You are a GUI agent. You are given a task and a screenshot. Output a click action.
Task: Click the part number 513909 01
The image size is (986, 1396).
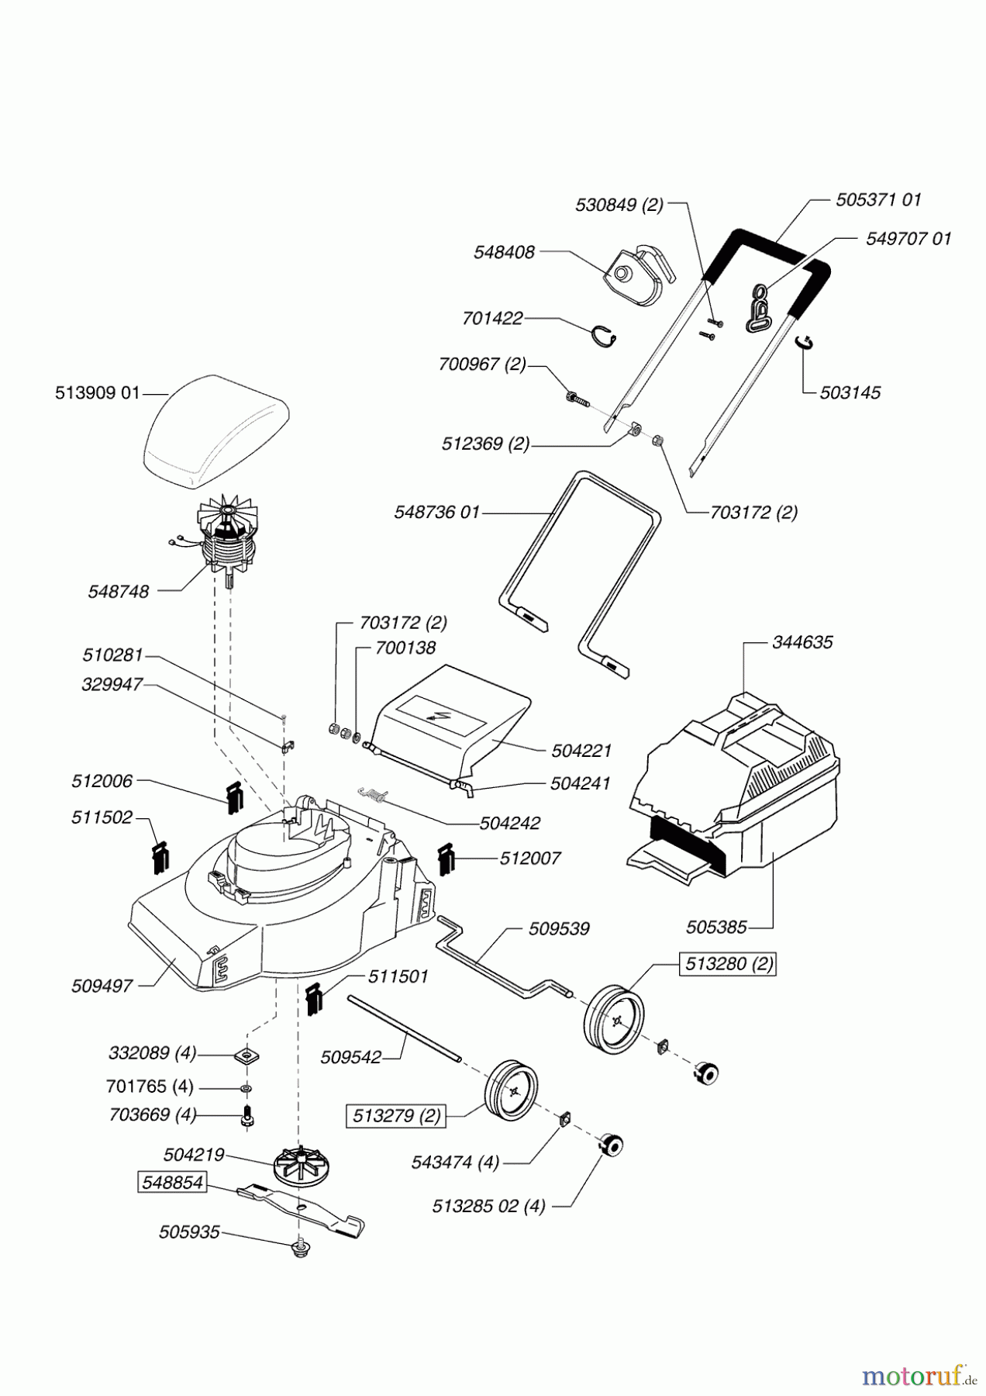98,393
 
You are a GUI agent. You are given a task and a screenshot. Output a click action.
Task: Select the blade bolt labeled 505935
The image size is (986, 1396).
300,1248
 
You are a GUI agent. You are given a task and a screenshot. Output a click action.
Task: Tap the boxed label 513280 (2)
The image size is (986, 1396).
727,964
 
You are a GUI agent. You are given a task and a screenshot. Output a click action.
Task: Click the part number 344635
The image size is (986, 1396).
802,642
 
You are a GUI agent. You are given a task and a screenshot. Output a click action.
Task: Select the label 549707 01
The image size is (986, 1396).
908,238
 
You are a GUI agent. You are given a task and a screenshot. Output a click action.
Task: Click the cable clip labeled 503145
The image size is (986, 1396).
807,344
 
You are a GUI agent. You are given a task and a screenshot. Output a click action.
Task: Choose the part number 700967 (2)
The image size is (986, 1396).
481,364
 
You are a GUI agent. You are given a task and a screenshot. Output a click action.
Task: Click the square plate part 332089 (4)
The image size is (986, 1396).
247,1055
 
